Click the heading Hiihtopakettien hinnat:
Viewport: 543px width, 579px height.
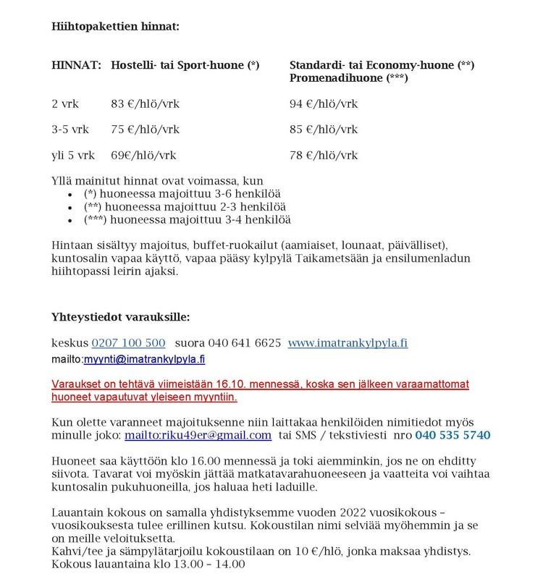115,27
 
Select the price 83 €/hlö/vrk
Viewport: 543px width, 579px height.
146,104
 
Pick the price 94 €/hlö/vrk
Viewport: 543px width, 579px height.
324,104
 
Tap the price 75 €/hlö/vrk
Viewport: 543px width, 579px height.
146,130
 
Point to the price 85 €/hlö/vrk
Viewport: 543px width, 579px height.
324,130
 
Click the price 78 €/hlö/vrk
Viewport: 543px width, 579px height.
324,156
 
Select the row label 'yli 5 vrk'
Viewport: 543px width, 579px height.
73,156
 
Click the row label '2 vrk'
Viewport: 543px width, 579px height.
64,104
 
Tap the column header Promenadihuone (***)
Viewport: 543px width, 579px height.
349,77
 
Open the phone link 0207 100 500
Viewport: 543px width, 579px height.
128,342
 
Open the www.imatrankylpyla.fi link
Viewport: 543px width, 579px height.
348,342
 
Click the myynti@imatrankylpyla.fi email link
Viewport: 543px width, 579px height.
144,359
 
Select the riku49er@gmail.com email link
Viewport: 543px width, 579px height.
198,435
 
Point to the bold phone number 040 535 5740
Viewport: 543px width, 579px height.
452,435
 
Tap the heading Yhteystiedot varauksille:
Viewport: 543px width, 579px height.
121,317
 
